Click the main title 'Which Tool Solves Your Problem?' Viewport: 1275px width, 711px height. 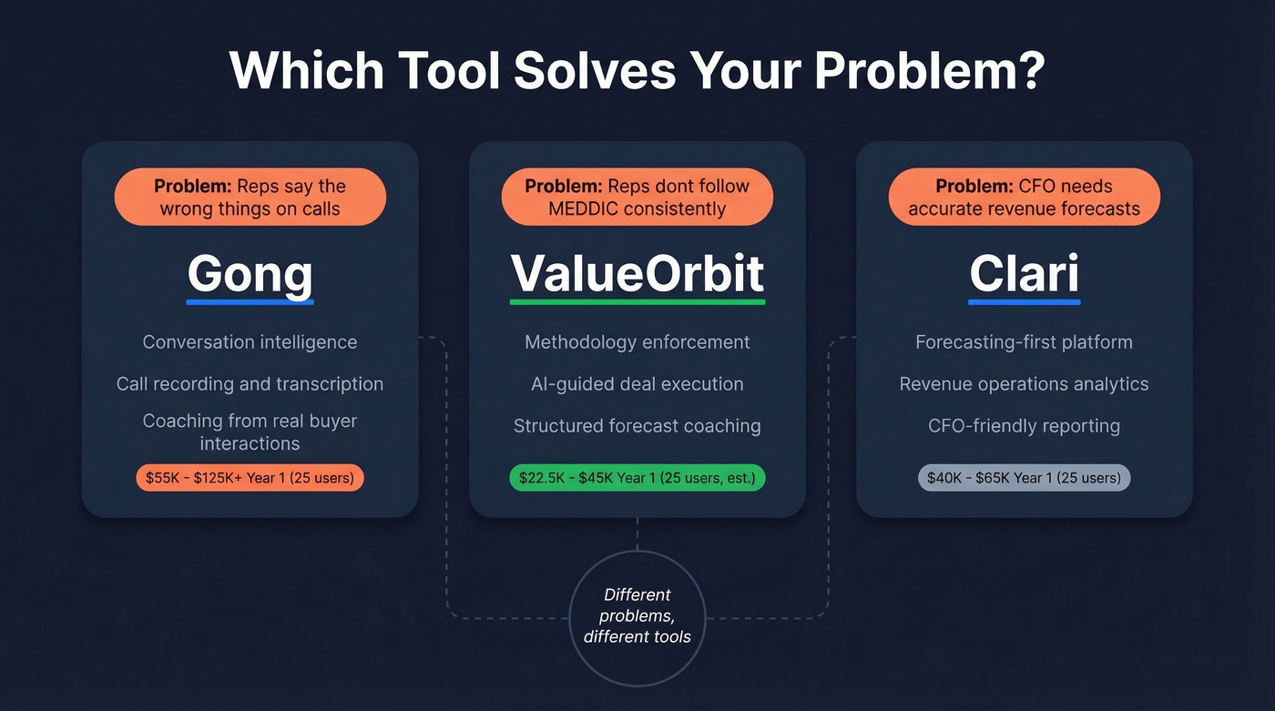(637, 71)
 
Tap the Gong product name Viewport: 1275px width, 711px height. (250, 272)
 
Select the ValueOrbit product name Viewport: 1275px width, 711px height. (637, 272)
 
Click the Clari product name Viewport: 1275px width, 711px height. (1024, 272)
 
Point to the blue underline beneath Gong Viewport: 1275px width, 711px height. (250, 301)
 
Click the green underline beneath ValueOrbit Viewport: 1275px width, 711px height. (637, 301)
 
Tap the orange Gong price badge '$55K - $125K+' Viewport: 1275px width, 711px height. (250, 478)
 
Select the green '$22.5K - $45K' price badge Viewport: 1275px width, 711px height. (637, 478)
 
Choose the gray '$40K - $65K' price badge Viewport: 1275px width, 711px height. (1024, 478)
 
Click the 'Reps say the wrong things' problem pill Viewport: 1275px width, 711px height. (250, 197)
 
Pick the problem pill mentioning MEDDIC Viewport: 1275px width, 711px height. (637, 197)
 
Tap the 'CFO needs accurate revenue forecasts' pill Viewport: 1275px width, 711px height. (1024, 197)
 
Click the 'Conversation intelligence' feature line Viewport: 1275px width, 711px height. (250, 342)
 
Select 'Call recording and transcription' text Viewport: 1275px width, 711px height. (250, 384)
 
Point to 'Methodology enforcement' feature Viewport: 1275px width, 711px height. (637, 342)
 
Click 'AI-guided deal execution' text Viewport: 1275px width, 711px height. (637, 384)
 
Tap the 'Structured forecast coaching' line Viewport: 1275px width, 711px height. (637, 426)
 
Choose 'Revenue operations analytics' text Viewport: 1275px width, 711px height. (1024, 384)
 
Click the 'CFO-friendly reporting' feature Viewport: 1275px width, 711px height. (1024, 426)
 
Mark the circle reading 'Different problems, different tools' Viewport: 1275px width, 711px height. (637, 616)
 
